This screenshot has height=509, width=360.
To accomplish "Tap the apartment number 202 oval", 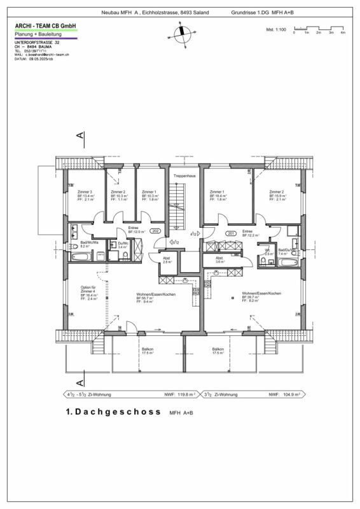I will click(156, 232).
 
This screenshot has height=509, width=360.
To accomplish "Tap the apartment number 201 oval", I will click(230, 233).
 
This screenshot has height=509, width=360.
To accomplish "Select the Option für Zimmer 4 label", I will click(88, 290).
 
